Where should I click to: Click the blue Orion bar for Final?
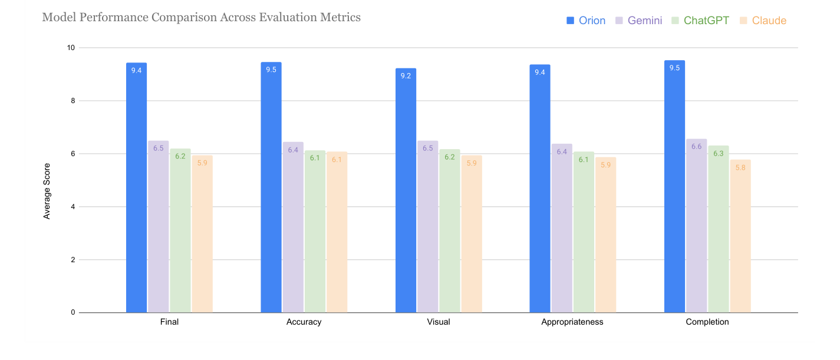[x=136, y=189]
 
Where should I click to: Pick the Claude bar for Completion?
[x=740, y=236]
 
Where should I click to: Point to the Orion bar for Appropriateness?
[x=539, y=189]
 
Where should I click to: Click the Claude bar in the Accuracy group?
[x=337, y=232]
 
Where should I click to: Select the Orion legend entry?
[x=586, y=21]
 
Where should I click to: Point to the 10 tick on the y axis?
[x=71, y=48]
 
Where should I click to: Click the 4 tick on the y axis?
[x=73, y=207]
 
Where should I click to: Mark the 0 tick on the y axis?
[x=73, y=312]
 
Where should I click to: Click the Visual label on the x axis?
[x=439, y=322]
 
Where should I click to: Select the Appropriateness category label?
[x=572, y=322]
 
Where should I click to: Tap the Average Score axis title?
[x=47, y=191]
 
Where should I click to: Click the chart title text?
[x=201, y=17]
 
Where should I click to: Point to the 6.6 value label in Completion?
[x=696, y=147]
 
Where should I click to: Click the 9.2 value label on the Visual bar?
[x=406, y=75]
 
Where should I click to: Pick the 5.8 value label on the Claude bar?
[x=740, y=167]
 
